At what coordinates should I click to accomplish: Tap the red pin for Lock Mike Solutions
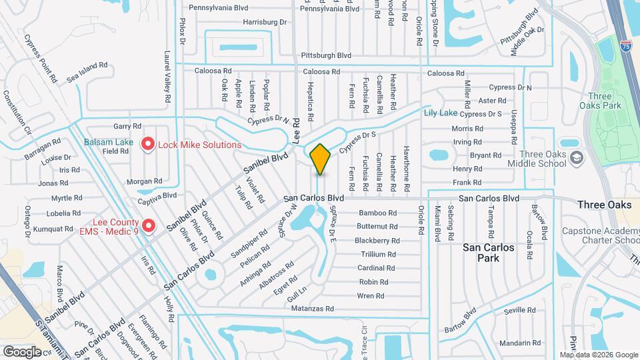[148, 144]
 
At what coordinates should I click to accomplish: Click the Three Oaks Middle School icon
[577, 158]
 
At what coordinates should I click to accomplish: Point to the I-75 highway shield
[626, 47]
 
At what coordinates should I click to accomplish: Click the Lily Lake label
[441, 113]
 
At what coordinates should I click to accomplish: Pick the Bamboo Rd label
[377, 213]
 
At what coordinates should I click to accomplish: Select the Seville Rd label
[520, 311]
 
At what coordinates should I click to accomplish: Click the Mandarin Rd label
[515, 343]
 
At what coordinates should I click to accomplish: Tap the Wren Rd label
[371, 295]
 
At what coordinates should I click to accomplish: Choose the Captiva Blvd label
[157, 196]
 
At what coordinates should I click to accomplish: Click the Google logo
[22, 351]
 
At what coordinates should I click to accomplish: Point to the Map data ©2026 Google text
[599, 355]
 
